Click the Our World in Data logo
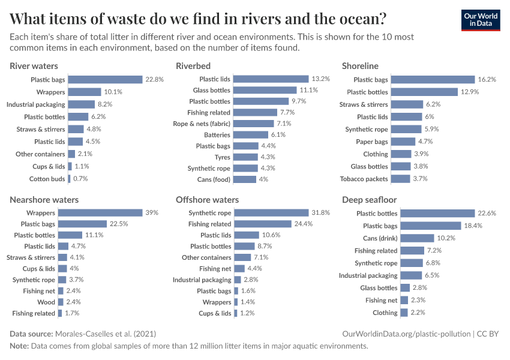(x=480, y=19)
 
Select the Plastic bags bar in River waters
(x=105, y=79)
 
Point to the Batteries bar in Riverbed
(x=250, y=135)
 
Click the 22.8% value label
(x=154, y=79)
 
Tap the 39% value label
(x=152, y=213)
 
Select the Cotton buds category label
(x=47, y=179)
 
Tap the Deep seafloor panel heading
(x=369, y=200)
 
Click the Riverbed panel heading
(x=193, y=66)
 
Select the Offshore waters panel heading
(x=207, y=200)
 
